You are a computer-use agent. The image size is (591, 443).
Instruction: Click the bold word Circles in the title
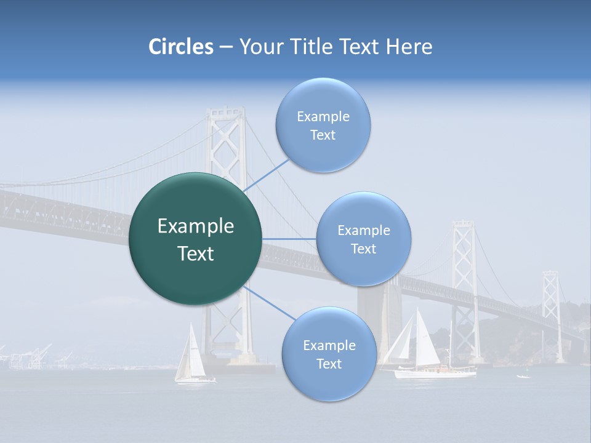(x=180, y=47)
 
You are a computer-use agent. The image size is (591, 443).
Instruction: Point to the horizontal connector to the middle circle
(x=289, y=239)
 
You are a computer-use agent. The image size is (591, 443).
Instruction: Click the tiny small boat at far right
(x=523, y=375)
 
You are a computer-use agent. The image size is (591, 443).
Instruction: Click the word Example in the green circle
(x=196, y=226)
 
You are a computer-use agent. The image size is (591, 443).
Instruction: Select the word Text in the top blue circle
(x=323, y=135)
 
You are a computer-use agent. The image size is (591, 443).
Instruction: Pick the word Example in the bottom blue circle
(x=329, y=346)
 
